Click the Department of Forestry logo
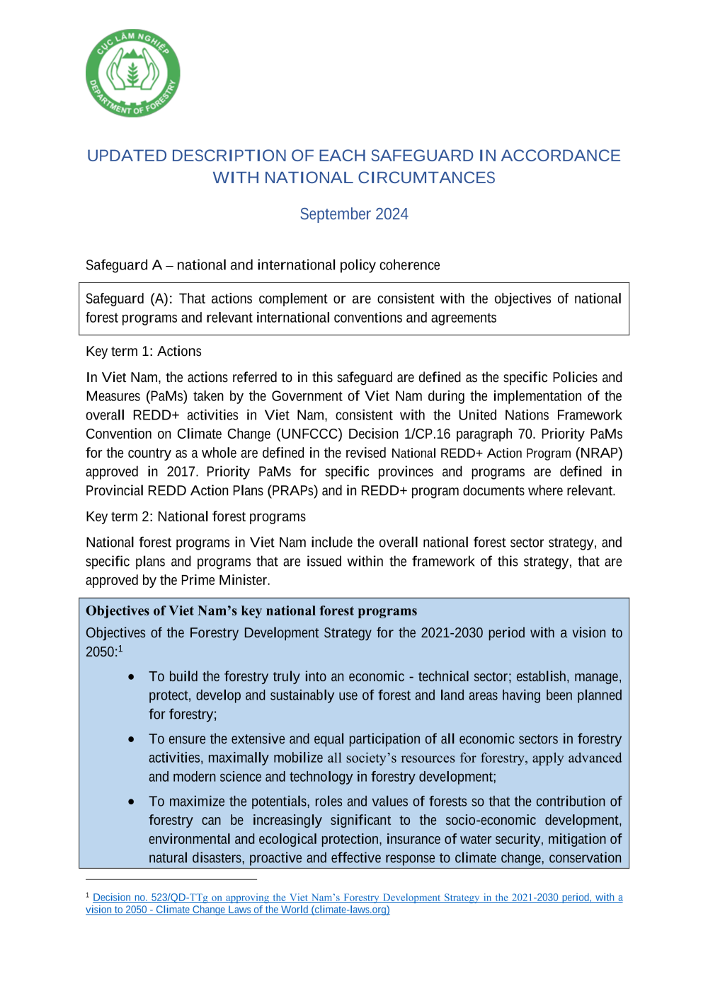coord(133,73)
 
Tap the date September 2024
coord(354,214)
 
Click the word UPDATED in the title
coord(127,156)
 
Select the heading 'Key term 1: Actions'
coord(144,352)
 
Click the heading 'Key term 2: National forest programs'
coord(196,517)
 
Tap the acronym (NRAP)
coord(599,453)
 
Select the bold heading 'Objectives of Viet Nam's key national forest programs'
coord(251,611)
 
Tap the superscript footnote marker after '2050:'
coord(120,649)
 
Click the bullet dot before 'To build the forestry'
coord(132,677)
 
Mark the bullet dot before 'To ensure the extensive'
coord(132,739)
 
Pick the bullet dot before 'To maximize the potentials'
coord(132,802)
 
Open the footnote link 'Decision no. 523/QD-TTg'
coord(150,898)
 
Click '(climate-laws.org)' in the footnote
coord(350,910)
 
